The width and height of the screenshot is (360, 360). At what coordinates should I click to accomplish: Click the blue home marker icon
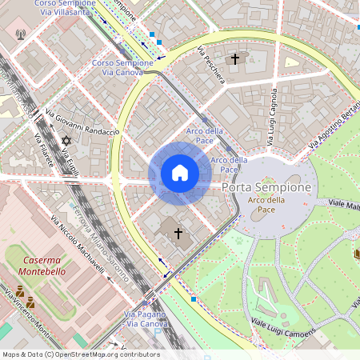179,173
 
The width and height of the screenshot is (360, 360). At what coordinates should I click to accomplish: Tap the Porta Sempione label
266,186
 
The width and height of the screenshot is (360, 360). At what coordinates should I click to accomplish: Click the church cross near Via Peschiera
234,58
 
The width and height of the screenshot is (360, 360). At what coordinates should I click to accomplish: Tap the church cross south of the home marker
177,233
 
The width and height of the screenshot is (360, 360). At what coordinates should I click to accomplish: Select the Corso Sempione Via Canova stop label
118,67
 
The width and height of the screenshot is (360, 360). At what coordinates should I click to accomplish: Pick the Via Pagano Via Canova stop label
145,319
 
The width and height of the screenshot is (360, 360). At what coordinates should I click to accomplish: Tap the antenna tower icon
20,36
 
